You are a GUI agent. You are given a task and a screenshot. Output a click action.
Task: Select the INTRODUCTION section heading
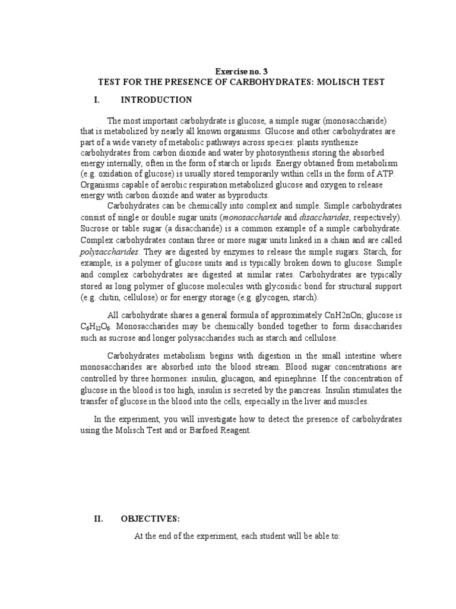(x=156, y=100)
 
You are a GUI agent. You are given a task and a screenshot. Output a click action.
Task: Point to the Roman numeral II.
(x=99, y=519)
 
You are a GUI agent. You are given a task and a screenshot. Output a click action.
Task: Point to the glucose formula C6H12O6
(x=96, y=327)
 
